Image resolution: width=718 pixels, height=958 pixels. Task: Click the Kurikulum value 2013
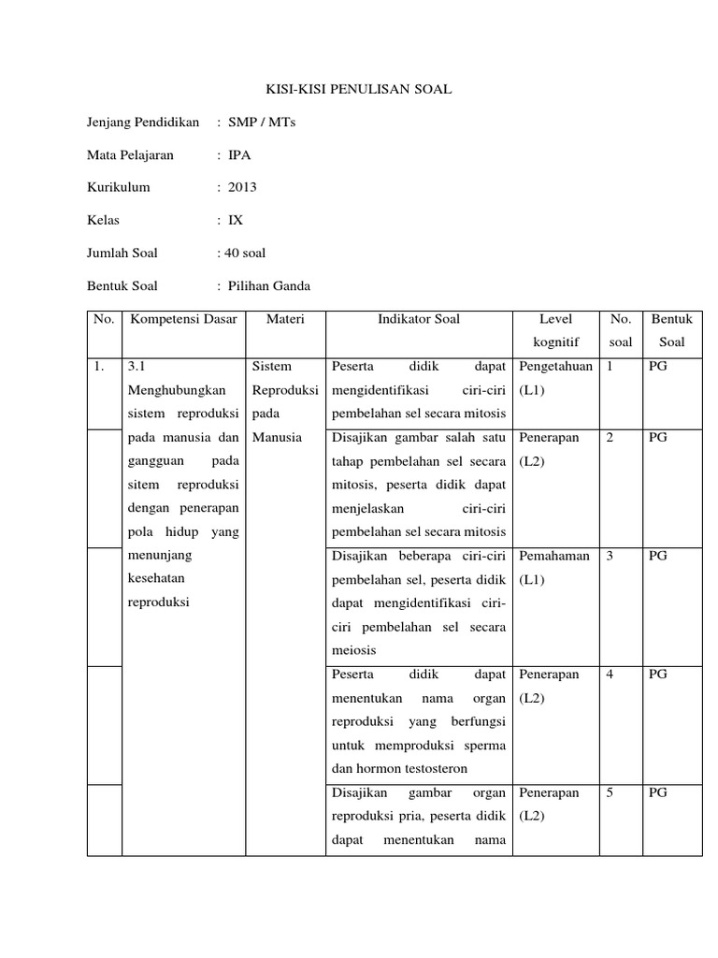pos(242,187)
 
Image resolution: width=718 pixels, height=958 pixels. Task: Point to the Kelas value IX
pos(236,220)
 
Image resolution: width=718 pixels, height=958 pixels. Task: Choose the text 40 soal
pos(246,253)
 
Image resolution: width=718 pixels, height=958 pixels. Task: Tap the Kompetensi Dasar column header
pos(184,319)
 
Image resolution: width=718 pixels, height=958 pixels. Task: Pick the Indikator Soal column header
pos(419,319)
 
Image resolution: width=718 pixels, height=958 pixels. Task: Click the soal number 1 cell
pos(610,367)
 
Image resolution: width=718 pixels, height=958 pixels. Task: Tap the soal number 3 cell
pos(610,556)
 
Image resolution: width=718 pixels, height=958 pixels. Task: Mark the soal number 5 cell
pos(610,792)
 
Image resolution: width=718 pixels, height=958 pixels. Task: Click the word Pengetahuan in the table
pos(555,367)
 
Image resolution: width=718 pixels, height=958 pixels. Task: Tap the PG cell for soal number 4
pos(658,675)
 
